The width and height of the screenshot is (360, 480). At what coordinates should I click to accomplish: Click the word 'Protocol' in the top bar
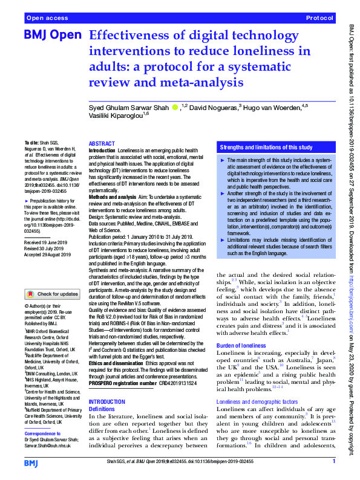320,19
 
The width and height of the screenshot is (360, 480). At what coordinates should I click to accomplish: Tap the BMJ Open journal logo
53,36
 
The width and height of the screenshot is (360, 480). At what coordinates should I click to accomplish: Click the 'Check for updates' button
52,294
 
